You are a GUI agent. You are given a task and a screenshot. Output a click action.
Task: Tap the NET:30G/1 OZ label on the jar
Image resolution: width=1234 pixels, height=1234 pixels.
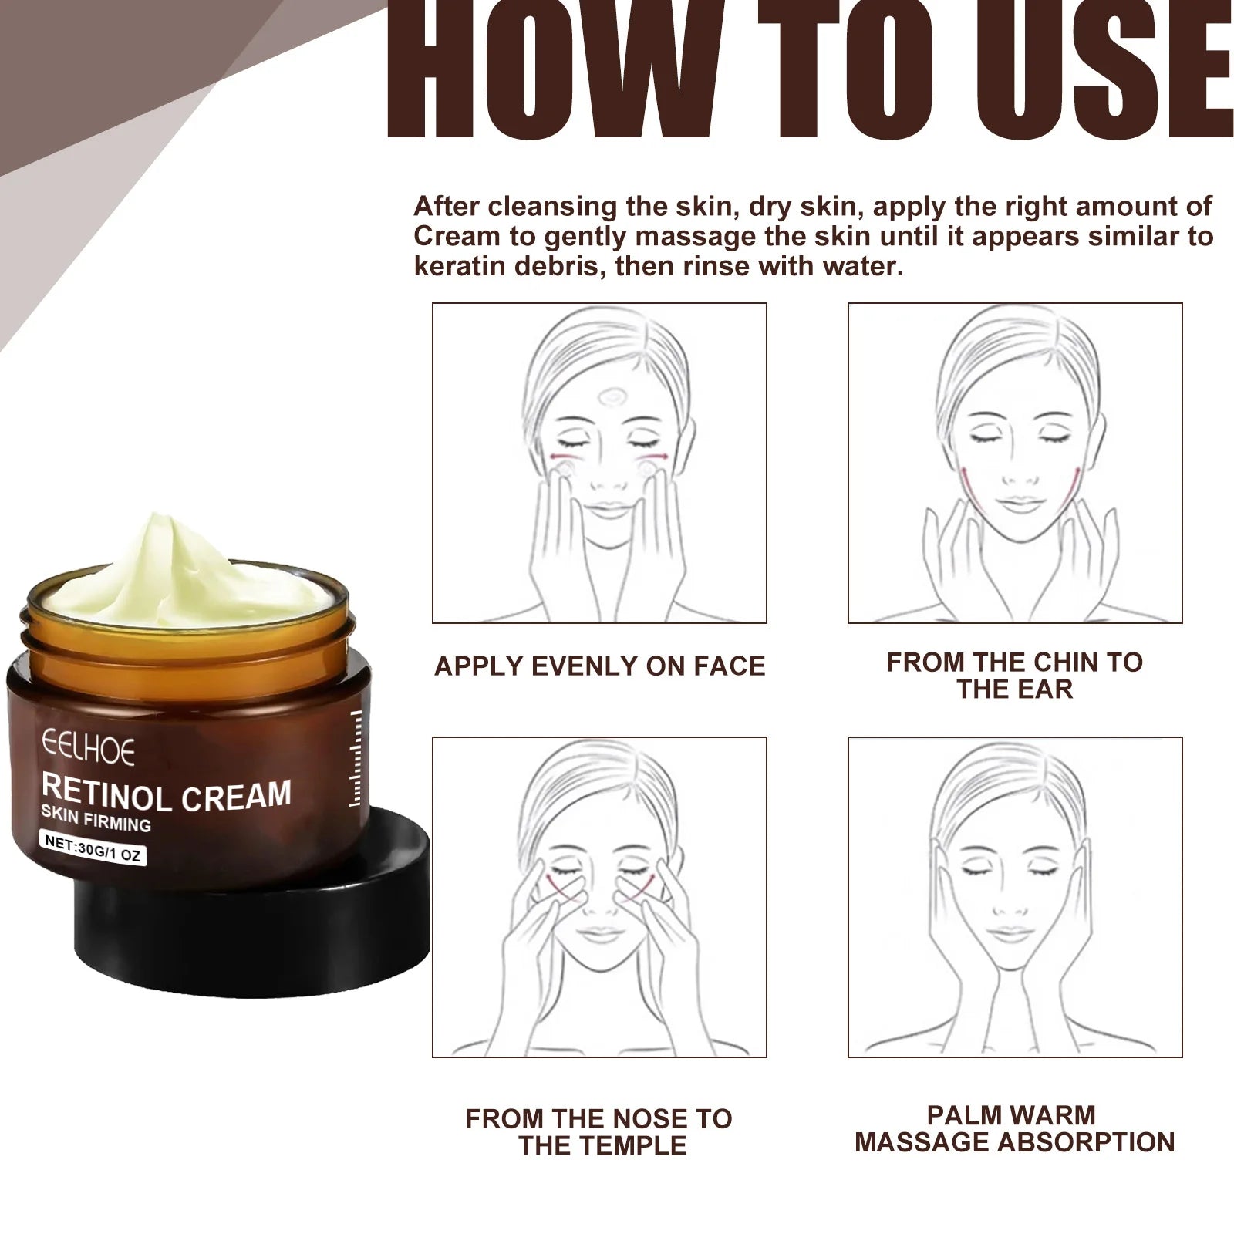(94, 848)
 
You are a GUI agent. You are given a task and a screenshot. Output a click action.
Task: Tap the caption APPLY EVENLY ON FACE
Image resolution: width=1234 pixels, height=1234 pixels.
(599, 666)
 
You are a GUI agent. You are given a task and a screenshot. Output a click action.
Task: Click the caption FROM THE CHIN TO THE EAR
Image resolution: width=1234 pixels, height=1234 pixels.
(1014, 675)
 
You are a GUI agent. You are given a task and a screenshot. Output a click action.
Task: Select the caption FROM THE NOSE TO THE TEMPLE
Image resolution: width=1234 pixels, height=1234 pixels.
(599, 1131)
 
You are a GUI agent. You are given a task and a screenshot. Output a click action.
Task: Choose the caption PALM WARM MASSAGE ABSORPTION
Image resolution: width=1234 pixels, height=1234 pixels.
(1014, 1128)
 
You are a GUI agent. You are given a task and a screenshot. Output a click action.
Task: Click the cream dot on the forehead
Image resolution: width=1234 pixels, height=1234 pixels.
(614, 398)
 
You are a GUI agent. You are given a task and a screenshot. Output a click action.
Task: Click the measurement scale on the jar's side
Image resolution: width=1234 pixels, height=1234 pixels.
(356, 760)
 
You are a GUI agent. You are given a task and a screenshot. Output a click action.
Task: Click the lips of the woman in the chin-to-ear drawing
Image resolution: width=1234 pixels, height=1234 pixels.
(1018, 505)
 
